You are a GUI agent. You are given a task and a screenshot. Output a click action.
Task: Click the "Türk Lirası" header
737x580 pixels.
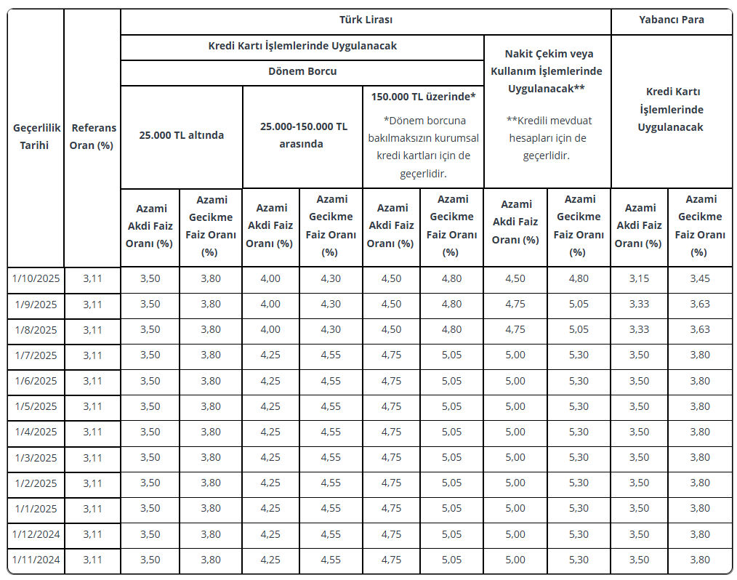point(366,20)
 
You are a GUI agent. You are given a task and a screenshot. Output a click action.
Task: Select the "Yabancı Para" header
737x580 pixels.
point(672,20)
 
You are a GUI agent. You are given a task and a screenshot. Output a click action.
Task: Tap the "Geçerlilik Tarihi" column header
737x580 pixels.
point(36,136)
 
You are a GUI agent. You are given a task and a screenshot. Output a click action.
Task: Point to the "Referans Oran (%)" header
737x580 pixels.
point(92,136)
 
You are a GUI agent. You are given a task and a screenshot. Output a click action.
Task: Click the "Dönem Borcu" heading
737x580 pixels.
point(302,71)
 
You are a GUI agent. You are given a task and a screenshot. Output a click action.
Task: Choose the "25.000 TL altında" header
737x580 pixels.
point(182,134)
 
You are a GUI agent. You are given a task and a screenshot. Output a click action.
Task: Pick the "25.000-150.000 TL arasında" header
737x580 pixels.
point(303,134)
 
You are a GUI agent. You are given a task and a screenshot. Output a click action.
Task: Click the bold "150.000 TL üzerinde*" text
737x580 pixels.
point(423,97)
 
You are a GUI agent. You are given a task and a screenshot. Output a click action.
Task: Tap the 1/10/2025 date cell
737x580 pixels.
point(36,278)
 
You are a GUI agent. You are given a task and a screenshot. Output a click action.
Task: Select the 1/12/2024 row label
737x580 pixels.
point(36,534)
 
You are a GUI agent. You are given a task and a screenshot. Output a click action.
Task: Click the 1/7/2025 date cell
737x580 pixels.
point(36,355)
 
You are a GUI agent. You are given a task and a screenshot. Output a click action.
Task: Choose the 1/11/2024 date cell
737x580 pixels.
point(36,560)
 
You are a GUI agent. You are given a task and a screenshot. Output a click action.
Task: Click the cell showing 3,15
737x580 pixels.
point(639,278)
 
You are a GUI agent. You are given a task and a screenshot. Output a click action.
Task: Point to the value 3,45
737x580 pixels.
point(700,278)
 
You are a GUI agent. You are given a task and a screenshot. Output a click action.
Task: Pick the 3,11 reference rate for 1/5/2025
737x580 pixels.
point(92,406)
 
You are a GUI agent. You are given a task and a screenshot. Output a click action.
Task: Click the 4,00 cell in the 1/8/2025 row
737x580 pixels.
point(270,329)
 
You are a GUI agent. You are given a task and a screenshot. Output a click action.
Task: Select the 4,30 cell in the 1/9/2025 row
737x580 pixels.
point(331,304)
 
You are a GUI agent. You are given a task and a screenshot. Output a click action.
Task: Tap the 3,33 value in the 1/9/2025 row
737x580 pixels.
point(639,304)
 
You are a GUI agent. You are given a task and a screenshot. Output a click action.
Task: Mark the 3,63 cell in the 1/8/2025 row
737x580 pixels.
point(700,329)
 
